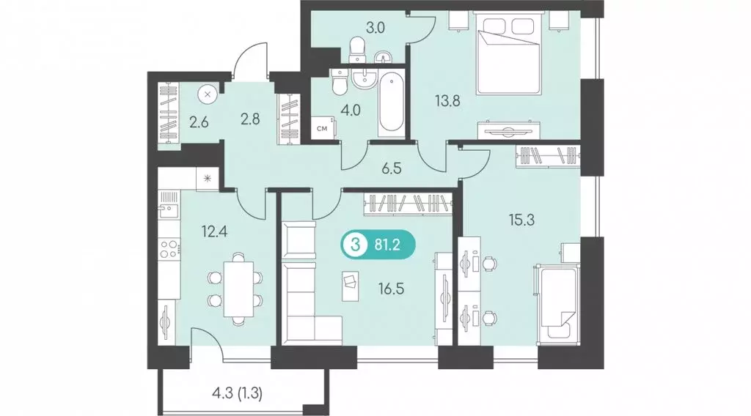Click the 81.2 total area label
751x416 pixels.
387,246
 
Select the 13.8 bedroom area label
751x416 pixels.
447,101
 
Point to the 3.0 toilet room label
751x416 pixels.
375,28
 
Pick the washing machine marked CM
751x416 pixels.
323,128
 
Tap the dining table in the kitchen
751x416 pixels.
238,289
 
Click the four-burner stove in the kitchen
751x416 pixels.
169,248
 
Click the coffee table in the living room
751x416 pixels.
350,286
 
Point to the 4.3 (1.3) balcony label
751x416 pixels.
237,393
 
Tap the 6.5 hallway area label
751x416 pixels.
392,168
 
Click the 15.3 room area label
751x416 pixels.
521,220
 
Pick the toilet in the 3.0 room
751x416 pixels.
357,51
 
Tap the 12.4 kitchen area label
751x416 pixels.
215,232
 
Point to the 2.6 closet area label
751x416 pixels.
199,122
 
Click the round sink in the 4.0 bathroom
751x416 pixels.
365,78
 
